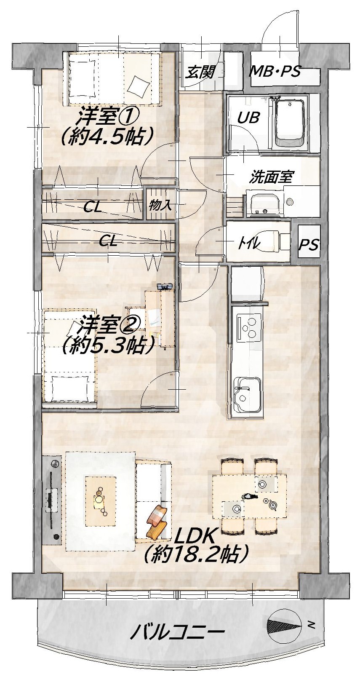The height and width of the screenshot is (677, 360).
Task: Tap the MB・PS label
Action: pyautogui.click(x=275, y=72)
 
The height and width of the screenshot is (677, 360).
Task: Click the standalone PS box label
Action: pyautogui.click(x=309, y=244)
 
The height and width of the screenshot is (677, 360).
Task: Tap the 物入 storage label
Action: pyautogui.click(x=160, y=205)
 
